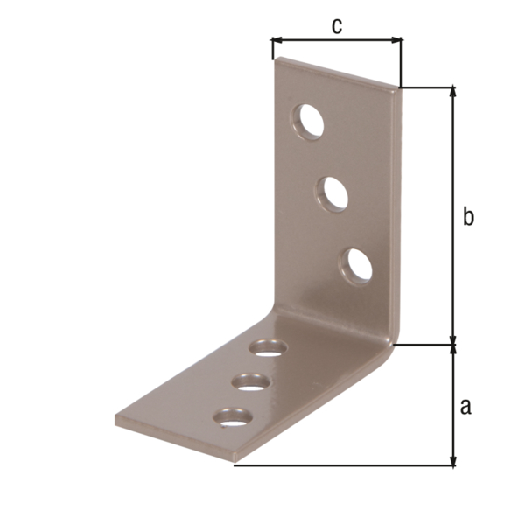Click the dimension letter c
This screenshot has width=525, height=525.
pos(336,25)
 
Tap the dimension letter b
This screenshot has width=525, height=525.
pos(468,216)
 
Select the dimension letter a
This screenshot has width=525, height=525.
pos(465,405)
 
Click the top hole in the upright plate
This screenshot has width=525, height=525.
pos(309,122)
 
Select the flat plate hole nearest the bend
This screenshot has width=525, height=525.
pos(269,348)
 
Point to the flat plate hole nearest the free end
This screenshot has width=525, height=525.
pos(233,417)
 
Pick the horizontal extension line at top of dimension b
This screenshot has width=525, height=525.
pos(429,87)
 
